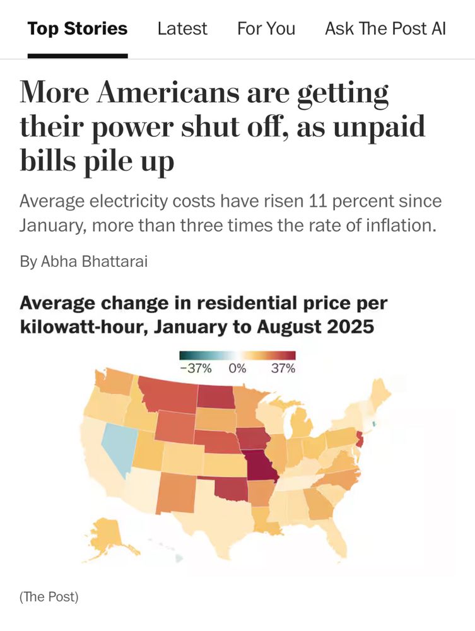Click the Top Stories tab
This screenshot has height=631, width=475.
[x=77, y=28]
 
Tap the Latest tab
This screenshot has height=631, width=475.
[x=182, y=28]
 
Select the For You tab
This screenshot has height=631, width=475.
[x=266, y=28]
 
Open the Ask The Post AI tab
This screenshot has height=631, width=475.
[x=385, y=28]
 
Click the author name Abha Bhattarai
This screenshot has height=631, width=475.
[x=94, y=261]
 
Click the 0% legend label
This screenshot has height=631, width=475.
[x=237, y=369]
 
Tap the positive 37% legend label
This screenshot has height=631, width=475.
[x=283, y=369]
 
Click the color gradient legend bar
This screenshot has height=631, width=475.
[x=237, y=356]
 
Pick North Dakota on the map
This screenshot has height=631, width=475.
[x=215, y=396]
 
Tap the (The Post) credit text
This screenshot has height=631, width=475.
[x=49, y=596]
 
